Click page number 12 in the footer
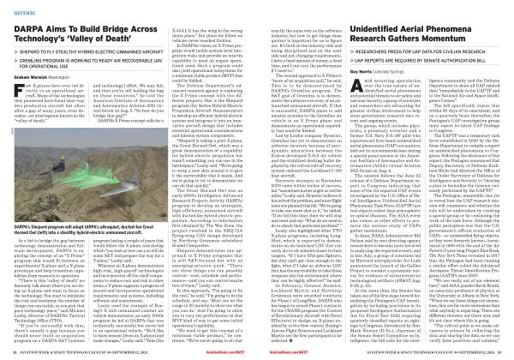[15, 352]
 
